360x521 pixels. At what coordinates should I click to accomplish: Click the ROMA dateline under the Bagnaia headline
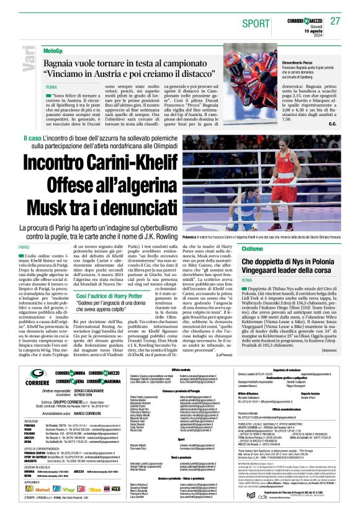[x=51, y=87]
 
